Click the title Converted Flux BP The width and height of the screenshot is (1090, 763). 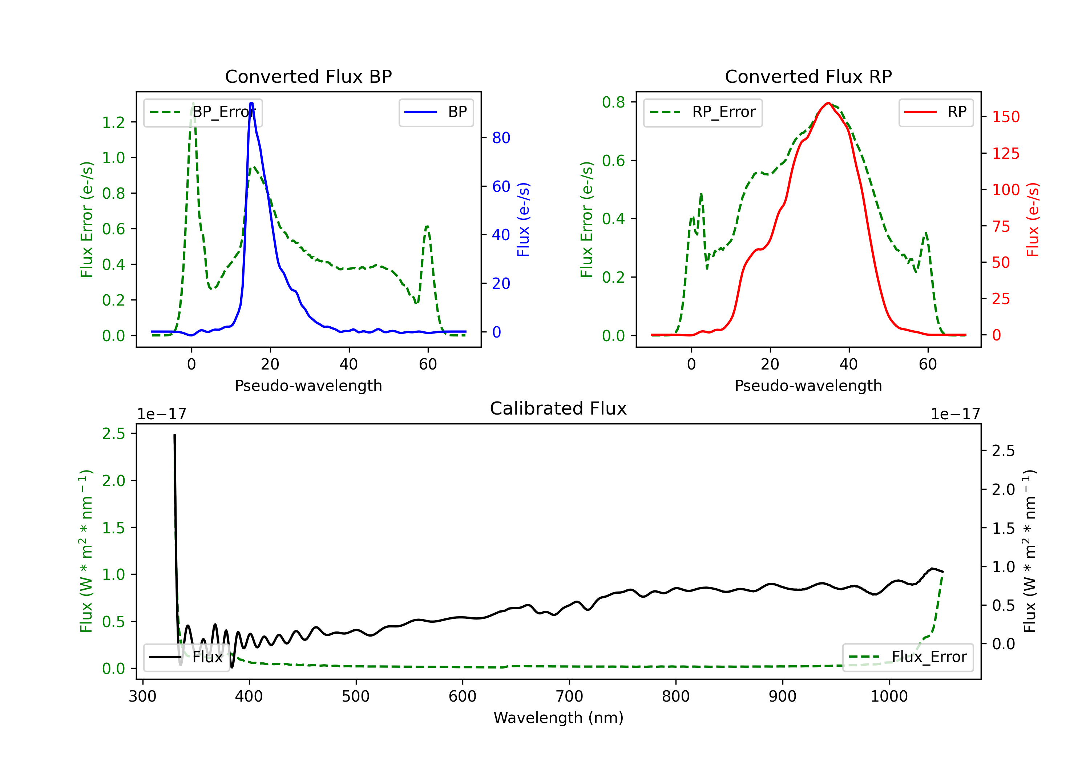(308, 76)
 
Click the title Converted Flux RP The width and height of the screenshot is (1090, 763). (808, 76)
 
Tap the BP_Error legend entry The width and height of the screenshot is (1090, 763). (203, 112)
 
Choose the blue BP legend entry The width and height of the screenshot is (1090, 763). (436, 112)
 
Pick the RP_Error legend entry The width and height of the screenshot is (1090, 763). (703, 112)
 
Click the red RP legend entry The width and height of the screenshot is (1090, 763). (936, 112)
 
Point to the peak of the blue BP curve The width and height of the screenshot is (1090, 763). (251, 103)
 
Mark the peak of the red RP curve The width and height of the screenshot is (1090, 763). (827, 103)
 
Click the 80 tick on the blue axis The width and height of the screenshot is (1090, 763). (501, 138)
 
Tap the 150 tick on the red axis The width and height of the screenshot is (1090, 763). (1005, 117)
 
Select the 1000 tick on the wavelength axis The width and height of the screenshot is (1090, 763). (889, 696)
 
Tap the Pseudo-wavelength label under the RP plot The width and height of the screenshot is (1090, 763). (808, 385)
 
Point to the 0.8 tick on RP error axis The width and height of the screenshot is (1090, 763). (613, 102)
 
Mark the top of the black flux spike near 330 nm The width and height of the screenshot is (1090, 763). (174, 435)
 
